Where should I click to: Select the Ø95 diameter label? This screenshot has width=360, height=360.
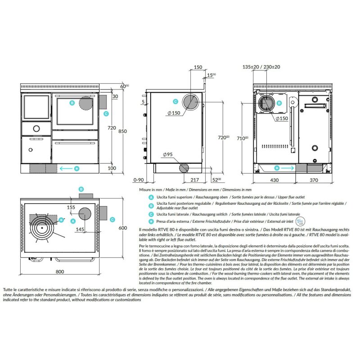[166, 155]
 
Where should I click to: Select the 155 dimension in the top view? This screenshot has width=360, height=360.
[71, 207]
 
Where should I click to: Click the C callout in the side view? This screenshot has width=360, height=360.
[175, 102]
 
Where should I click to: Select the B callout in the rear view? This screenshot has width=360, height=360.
[279, 103]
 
